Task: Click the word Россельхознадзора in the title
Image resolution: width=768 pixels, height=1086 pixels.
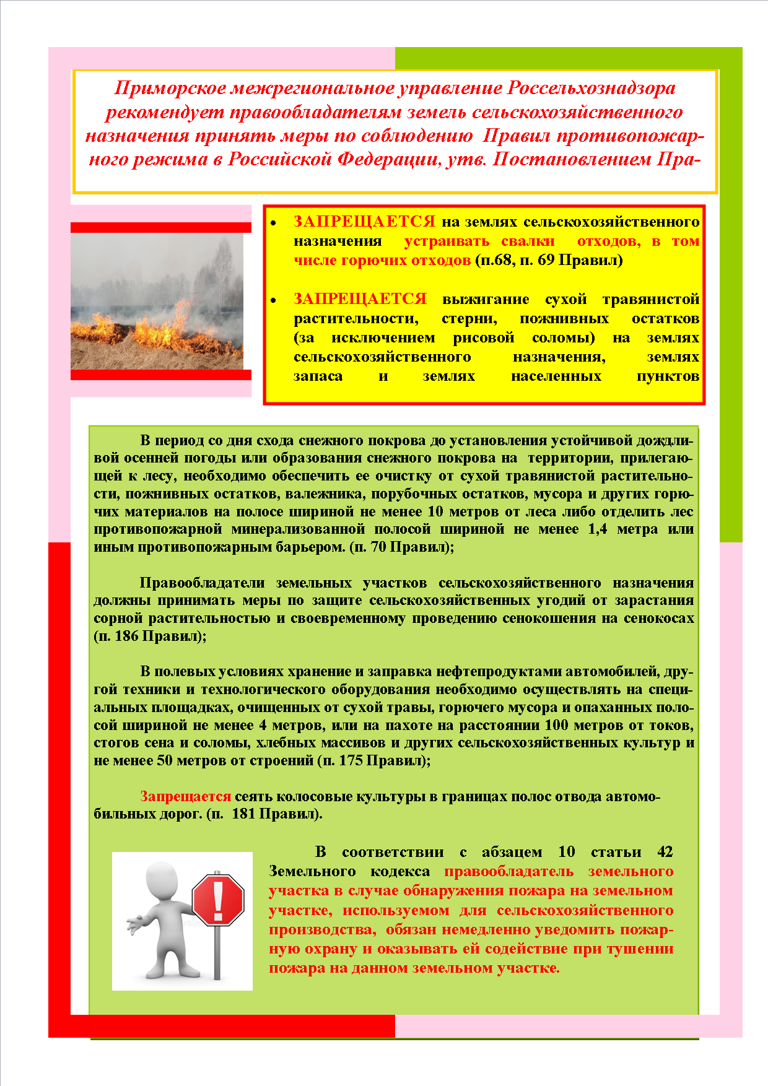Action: pyautogui.click(x=591, y=88)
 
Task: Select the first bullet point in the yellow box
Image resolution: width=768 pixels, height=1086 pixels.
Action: pyautogui.click(x=273, y=222)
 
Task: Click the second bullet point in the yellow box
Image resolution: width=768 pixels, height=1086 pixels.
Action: pyautogui.click(x=273, y=300)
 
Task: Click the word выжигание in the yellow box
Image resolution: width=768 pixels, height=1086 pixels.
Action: pyautogui.click(x=486, y=300)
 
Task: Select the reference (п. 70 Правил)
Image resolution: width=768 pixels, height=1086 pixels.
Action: pyautogui.click(x=402, y=547)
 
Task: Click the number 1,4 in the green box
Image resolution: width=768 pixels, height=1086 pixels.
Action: pyautogui.click(x=597, y=529)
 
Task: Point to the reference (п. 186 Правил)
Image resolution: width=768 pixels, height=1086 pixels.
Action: pyautogui.click(x=150, y=636)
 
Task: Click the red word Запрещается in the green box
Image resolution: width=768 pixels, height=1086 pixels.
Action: pyautogui.click(x=185, y=796)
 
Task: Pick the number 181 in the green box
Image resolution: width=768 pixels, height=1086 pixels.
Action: pyautogui.click(x=243, y=814)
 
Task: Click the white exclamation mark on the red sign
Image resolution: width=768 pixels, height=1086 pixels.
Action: pyautogui.click(x=218, y=900)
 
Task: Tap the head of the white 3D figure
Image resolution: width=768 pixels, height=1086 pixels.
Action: pyautogui.click(x=163, y=879)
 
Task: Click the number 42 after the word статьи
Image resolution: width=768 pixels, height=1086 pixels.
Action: pyautogui.click(x=665, y=852)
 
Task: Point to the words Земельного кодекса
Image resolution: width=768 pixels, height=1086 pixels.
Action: pyautogui.click(x=349, y=872)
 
